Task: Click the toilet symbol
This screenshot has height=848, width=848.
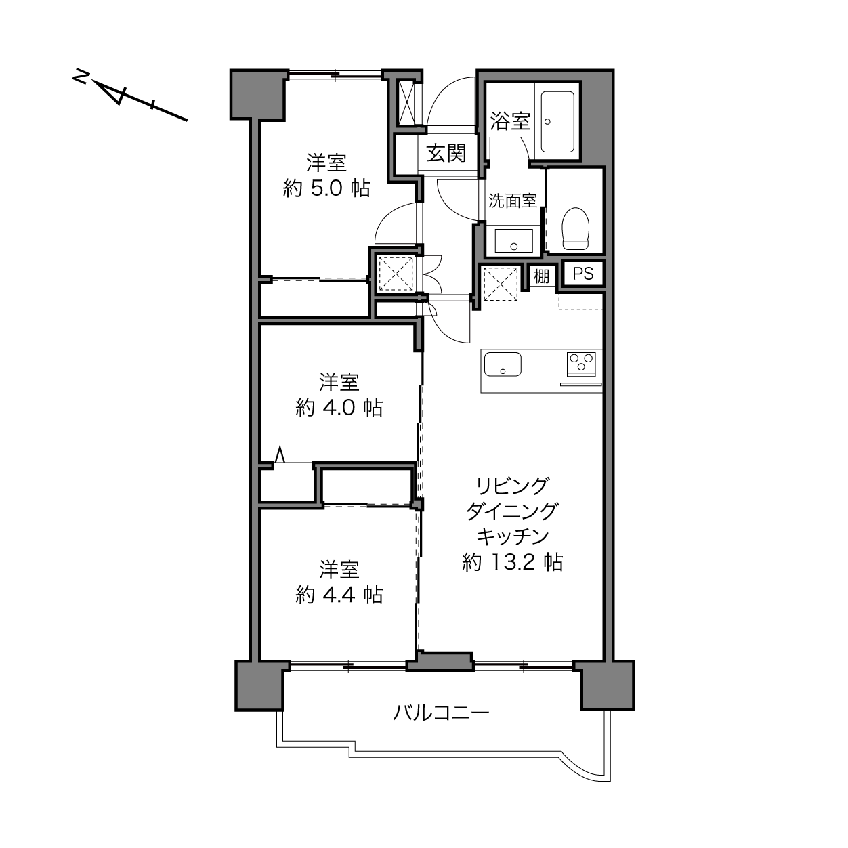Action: [576, 228]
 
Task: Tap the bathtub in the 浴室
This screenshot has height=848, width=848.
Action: [557, 121]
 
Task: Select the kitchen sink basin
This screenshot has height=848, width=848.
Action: [503, 364]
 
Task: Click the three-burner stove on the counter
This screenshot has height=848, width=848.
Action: [581, 364]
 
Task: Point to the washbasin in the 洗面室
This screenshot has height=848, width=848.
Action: [513, 240]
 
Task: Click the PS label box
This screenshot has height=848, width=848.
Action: [583, 274]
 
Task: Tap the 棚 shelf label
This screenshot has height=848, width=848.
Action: [541, 276]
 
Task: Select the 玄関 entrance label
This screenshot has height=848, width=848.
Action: [446, 153]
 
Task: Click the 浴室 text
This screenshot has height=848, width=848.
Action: [510, 121]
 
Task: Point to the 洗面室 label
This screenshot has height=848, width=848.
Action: [512, 201]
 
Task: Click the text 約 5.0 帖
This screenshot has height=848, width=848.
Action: [326, 189]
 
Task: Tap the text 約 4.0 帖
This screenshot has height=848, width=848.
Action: [339, 408]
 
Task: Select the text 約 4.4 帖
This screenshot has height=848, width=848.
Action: [339, 595]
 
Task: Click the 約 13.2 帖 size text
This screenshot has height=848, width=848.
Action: [513, 562]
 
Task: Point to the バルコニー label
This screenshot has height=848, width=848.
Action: [440, 713]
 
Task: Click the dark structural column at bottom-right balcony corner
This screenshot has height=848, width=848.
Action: [608, 685]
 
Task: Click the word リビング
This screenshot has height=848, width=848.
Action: [513, 486]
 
